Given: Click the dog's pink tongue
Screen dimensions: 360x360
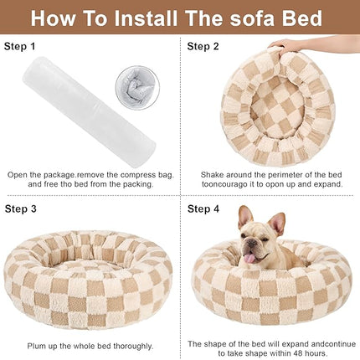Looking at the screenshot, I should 249,260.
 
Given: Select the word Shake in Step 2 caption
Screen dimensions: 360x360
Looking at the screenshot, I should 215,174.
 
